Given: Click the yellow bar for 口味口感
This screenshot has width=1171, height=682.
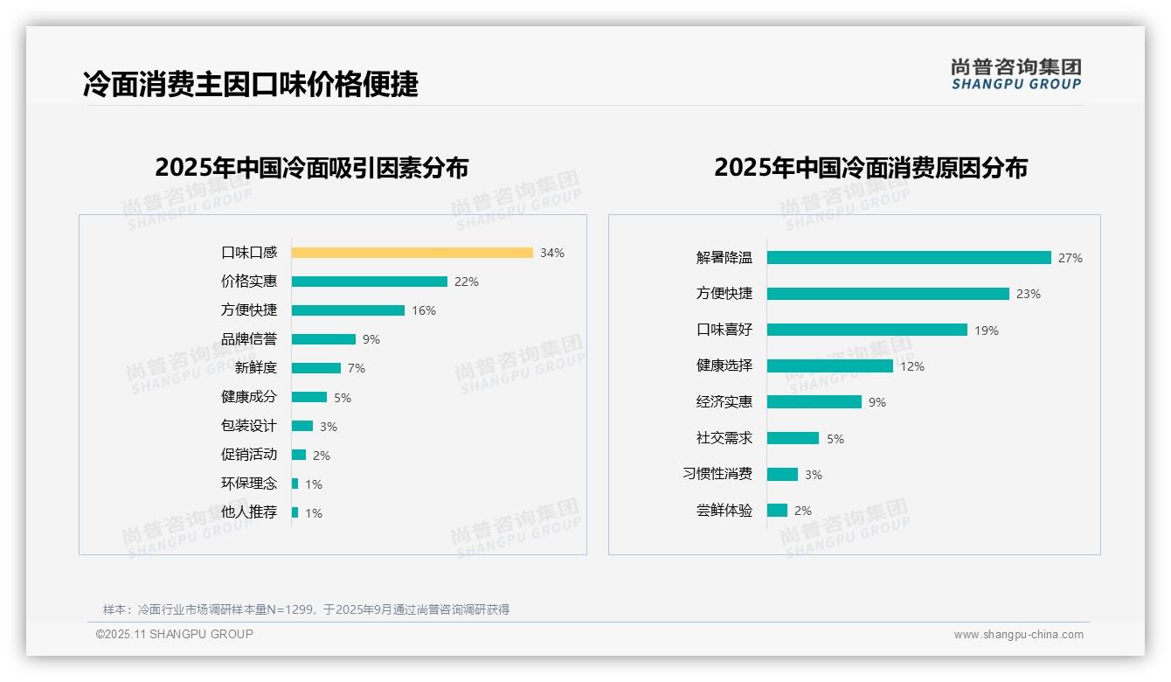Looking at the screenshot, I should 412,253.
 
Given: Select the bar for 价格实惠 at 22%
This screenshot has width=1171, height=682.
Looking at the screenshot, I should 369,282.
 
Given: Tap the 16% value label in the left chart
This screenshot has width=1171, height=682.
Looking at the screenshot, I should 424,310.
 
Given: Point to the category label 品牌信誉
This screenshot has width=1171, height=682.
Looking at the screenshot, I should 249,339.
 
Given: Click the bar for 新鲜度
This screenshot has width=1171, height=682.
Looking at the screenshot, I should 315,368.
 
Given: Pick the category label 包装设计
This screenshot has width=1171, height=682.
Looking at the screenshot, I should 249,426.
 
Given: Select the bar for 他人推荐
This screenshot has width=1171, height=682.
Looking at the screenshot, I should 295,512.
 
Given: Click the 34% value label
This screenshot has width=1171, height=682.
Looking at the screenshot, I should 552,253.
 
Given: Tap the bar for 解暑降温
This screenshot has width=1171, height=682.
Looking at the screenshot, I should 909,258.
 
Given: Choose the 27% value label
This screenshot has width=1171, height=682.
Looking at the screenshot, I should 1071,258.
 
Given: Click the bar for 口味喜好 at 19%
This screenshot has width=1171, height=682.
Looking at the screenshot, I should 867,330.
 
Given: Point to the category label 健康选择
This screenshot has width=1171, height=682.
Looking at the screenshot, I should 724,365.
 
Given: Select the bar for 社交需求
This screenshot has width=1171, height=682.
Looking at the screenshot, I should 793,438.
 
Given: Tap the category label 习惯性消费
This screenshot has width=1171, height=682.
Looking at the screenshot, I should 717,474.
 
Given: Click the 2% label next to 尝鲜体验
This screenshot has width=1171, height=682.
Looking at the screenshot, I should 803,511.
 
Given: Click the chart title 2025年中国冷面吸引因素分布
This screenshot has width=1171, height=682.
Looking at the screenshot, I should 312,167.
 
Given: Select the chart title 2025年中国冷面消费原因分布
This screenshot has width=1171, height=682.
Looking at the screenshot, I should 870,167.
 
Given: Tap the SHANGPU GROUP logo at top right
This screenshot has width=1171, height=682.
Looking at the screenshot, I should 1016,74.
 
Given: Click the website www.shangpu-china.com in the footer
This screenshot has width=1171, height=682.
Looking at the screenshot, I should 1018,635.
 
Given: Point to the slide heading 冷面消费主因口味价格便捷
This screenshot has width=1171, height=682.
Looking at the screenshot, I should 251,84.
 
